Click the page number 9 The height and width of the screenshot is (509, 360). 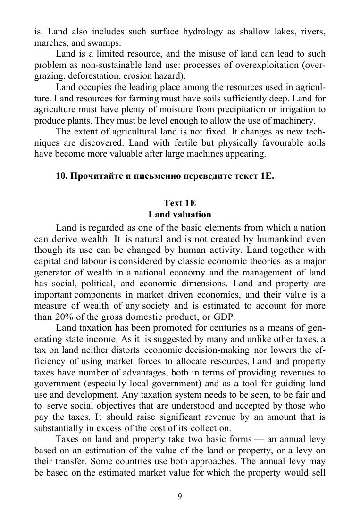coord(180,496)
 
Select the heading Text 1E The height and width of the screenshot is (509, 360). coord(180,203)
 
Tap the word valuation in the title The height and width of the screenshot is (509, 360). coord(182,215)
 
